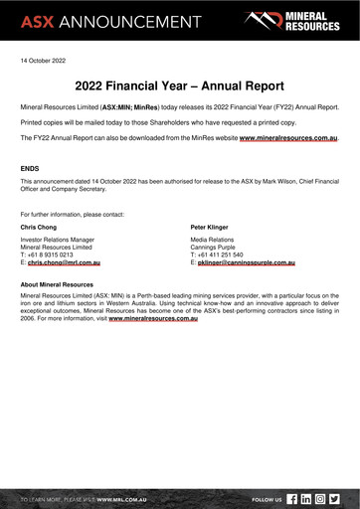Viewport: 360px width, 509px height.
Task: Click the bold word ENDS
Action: (x=30, y=169)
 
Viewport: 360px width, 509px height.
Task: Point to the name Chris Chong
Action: (x=39, y=228)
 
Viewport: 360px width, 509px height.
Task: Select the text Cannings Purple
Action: (x=216, y=248)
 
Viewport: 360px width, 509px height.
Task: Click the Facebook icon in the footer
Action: (x=292, y=498)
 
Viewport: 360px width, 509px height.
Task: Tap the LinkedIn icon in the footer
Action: (x=306, y=498)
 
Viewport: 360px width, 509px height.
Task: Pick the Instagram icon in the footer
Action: (x=320, y=498)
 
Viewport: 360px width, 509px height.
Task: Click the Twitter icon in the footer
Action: (x=334, y=498)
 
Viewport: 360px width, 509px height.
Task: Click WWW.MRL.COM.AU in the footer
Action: (x=123, y=498)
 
